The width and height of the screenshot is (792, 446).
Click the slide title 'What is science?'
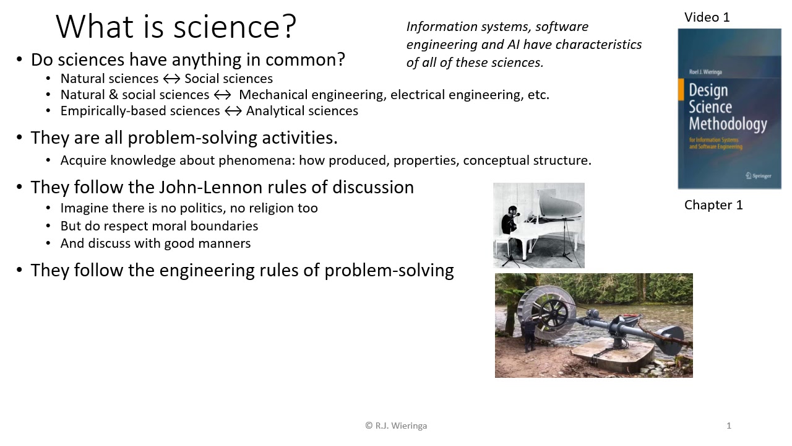(176, 27)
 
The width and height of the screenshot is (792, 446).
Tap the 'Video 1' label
(707, 17)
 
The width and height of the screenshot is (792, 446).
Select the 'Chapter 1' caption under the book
(713, 205)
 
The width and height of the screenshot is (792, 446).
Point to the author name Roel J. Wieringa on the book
(705, 72)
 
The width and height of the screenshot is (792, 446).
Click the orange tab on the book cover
(681, 90)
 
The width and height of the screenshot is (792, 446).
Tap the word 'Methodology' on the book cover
(728, 123)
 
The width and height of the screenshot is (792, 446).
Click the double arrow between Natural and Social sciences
(171, 79)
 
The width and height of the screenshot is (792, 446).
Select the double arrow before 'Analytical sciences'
(233, 111)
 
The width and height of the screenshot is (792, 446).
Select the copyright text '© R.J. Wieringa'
(396, 426)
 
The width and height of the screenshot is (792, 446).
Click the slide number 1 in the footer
(728, 426)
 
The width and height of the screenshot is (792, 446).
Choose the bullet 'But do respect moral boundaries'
(159, 226)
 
